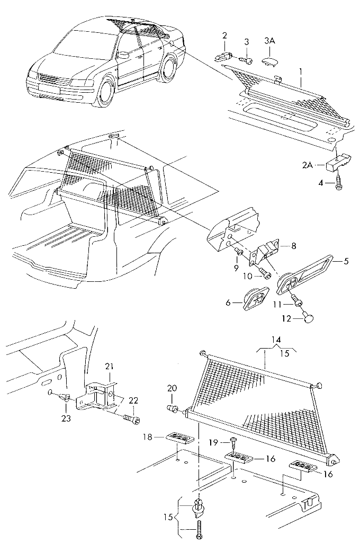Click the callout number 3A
[x=269, y=41]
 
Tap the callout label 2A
[x=308, y=165]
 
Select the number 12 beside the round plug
[x=286, y=319]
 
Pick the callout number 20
[x=171, y=388]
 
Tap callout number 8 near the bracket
[x=294, y=246]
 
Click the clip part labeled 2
[x=225, y=55]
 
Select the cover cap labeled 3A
[x=270, y=61]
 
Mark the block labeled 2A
[x=337, y=161]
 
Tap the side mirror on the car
[x=123, y=55]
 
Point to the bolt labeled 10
[x=265, y=274]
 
